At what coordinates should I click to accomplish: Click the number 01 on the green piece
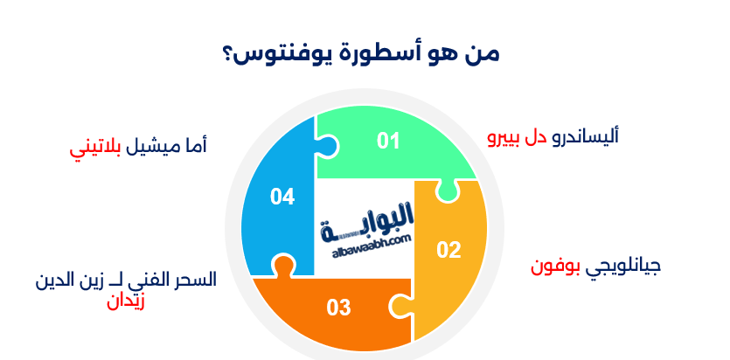[x=388, y=141]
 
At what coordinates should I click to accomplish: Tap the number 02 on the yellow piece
[x=448, y=250]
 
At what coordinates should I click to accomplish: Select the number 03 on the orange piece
[x=338, y=308]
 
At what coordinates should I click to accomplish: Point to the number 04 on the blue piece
[x=282, y=197]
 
